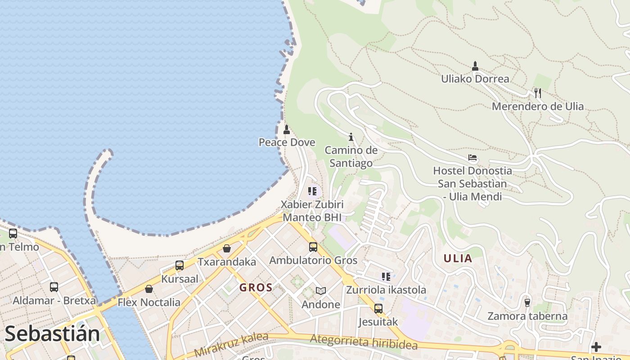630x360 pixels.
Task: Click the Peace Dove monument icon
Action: point(286,130)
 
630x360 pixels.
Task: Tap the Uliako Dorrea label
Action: point(475,79)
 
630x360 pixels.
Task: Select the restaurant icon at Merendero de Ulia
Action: point(538,93)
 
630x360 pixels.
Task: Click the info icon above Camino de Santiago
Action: point(351,137)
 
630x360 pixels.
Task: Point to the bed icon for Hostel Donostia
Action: point(472,158)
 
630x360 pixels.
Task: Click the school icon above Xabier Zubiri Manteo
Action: point(312,191)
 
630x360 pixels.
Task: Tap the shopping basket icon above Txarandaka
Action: point(227,248)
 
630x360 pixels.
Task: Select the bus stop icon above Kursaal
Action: point(179,265)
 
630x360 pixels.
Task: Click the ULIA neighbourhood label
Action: point(458,258)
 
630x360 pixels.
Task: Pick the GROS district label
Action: point(256,288)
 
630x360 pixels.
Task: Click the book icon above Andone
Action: point(320,291)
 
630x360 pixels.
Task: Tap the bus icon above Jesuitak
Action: point(378,309)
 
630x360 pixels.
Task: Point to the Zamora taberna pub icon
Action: point(527,302)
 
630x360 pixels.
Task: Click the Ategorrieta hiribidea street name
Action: point(364,342)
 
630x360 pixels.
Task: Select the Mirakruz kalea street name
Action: point(231,345)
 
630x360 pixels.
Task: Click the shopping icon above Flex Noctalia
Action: point(148,289)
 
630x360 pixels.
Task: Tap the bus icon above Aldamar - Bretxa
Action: point(54,287)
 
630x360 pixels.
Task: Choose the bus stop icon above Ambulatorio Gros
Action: point(313,247)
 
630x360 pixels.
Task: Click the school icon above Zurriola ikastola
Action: point(386,277)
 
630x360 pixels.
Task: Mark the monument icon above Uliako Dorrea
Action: point(475,66)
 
